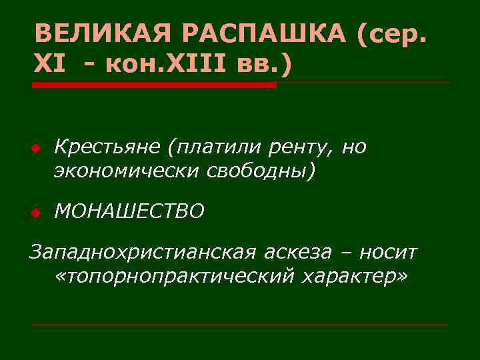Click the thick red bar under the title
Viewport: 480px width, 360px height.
[x=154, y=85]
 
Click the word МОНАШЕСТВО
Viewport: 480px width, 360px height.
[x=129, y=211]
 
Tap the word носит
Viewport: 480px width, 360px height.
[x=388, y=253]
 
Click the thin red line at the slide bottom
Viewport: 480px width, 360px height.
[x=240, y=324]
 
